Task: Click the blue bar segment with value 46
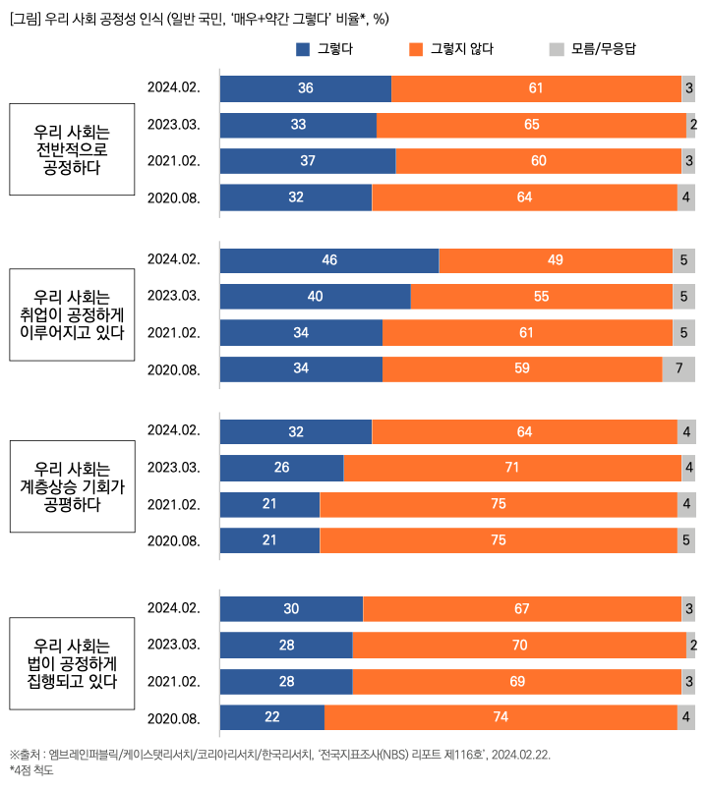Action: coord(329,260)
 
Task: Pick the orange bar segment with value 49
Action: coord(556,260)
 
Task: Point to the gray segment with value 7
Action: coord(678,369)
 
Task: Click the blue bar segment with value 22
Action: coord(272,717)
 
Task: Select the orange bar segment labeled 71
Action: coord(512,468)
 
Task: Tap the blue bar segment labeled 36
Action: coord(306,88)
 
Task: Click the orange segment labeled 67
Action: coord(522,609)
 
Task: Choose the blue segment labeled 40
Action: coord(315,297)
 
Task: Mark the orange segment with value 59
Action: coord(522,369)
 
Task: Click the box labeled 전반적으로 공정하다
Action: coord(71,149)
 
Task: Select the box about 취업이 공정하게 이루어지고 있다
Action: coord(71,314)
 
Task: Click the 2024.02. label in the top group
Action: coord(174,87)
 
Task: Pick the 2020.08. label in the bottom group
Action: coord(174,717)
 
